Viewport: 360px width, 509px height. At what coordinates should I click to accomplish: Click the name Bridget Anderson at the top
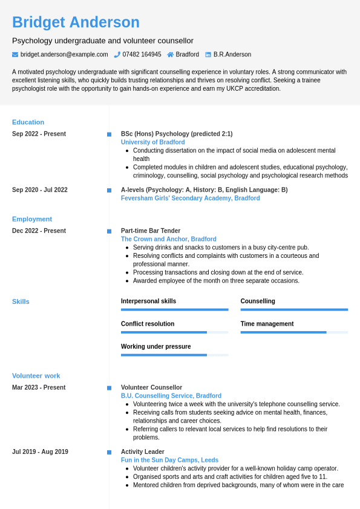point(76,22)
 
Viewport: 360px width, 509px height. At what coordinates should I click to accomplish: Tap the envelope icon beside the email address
point(15,54)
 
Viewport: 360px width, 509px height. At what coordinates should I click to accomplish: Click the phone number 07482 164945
point(142,54)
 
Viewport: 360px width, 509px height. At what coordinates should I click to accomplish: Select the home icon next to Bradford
point(171,54)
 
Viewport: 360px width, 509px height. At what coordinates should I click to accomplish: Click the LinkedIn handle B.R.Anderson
point(232,54)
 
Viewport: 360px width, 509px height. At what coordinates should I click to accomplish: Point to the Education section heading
point(28,122)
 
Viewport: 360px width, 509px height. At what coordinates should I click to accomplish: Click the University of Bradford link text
point(152,142)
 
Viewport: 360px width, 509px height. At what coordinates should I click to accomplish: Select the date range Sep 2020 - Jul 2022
point(40,190)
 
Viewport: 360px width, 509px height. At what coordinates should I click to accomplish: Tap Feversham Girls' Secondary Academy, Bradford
point(190,199)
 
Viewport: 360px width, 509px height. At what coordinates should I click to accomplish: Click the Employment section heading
point(32,219)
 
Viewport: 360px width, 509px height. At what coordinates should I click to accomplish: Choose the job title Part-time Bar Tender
point(151,231)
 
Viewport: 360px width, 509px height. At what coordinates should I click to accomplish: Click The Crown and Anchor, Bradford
point(168,239)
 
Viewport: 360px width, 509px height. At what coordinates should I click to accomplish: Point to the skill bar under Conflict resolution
point(174,332)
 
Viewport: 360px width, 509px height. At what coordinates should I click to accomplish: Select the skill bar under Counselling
point(294,309)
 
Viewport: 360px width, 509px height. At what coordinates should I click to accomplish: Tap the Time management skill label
point(267,324)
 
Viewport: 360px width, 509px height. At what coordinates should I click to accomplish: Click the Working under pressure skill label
point(155,347)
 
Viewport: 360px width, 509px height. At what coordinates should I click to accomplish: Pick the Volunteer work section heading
point(36,376)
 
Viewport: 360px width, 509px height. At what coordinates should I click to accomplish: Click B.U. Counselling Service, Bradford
point(171,396)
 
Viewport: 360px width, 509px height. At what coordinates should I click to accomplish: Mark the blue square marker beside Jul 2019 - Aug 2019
point(109,452)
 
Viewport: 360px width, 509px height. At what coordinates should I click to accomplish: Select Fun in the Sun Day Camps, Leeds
point(169,460)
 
